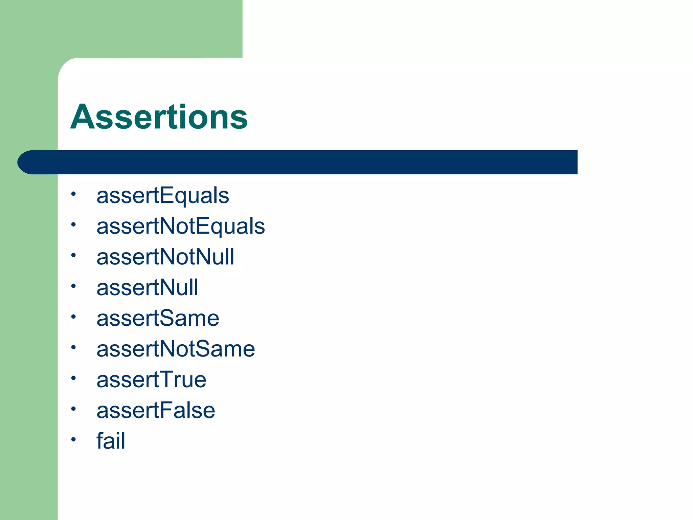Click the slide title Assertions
tap(159, 117)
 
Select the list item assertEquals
tap(163, 196)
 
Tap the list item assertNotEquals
tap(181, 226)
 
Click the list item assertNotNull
tap(165, 257)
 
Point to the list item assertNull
tap(147, 287)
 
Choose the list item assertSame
tap(158, 318)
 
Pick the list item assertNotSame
tap(176, 349)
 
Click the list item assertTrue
tap(151, 380)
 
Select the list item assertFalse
tap(156, 410)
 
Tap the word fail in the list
tap(111, 441)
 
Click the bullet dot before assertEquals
tap(73, 194)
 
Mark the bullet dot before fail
tap(73, 439)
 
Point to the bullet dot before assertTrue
tap(73, 378)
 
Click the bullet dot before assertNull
tap(73, 286)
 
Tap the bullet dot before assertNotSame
tap(73, 347)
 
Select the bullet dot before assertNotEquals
tap(73, 224)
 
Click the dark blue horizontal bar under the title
tap(305, 162)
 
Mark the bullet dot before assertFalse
tap(73, 409)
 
